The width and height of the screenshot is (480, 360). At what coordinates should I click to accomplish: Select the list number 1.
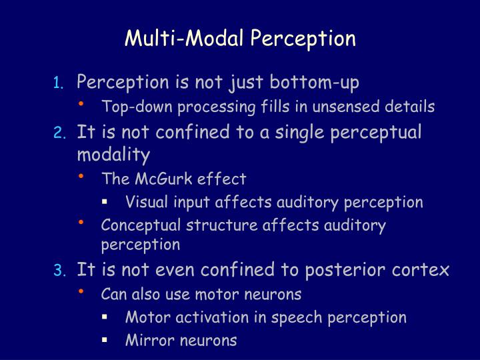(x=59, y=83)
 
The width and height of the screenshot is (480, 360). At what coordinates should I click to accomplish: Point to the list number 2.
(x=59, y=133)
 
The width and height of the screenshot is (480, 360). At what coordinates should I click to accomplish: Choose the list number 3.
(x=59, y=271)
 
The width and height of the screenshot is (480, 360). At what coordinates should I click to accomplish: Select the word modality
(x=113, y=155)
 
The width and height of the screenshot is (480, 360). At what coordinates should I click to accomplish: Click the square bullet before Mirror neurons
(x=105, y=340)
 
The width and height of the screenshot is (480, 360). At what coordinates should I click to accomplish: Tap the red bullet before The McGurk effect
(x=81, y=176)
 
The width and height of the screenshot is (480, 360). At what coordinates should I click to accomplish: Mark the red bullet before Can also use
(x=81, y=291)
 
